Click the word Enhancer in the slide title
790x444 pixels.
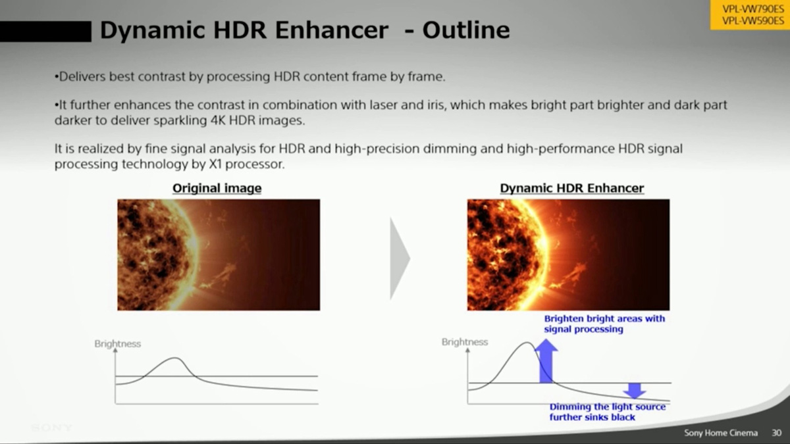tap(332, 30)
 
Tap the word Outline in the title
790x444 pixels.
tap(466, 30)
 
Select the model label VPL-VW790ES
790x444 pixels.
tap(752, 9)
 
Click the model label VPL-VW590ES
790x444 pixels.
tap(752, 21)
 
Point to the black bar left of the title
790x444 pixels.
tap(45, 32)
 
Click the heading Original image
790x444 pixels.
tap(217, 188)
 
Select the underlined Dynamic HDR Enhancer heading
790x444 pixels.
tap(571, 188)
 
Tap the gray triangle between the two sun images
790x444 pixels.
tap(400, 259)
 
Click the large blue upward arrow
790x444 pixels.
tap(546, 361)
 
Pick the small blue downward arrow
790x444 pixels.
tap(635, 391)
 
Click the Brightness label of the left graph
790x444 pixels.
tap(117, 343)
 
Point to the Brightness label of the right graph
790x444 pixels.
tap(465, 342)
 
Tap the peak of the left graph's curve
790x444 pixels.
tap(174, 358)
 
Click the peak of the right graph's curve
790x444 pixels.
tap(527, 343)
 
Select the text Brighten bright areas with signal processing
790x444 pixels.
tap(604, 324)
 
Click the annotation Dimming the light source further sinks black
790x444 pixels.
tap(607, 412)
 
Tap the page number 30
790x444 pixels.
tap(777, 433)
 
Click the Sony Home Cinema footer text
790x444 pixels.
tap(721, 433)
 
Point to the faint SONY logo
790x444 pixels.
tap(51, 428)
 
